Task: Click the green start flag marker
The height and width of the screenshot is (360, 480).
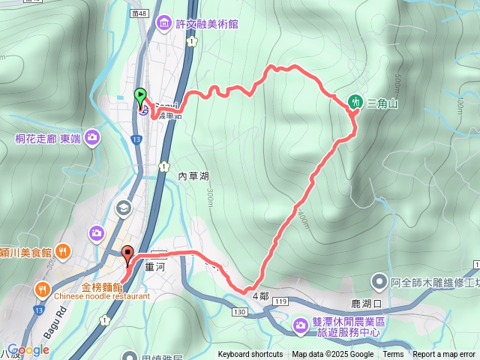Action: pyautogui.click(x=140, y=95)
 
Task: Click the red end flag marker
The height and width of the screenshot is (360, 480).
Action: pyautogui.click(x=127, y=253)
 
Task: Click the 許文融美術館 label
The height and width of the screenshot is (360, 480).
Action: pyautogui.click(x=206, y=25)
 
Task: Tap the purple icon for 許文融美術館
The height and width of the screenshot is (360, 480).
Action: pyautogui.click(x=164, y=25)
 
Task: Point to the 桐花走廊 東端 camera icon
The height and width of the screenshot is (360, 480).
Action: pyautogui.click(x=92, y=137)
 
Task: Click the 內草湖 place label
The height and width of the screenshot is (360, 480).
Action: pyautogui.click(x=193, y=175)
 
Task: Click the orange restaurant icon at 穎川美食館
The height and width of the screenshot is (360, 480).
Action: pyautogui.click(x=64, y=252)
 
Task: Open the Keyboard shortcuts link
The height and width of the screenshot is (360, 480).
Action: pyautogui.click(x=250, y=355)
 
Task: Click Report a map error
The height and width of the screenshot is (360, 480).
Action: pyautogui.click(x=445, y=355)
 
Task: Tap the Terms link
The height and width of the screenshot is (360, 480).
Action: pyautogui.click(x=393, y=355)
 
